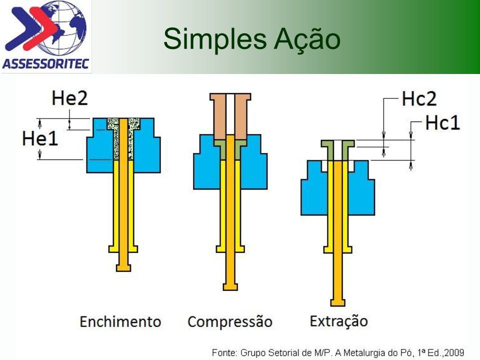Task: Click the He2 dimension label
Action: point(70,98)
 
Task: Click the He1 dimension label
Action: point(40,138)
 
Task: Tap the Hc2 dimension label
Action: point(419,99)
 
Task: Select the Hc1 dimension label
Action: point(442,123)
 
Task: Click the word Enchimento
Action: point(120,321)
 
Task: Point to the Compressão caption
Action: point(230,321)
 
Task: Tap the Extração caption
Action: point(338,321)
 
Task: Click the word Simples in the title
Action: point(215,39)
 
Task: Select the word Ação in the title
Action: point(307,38)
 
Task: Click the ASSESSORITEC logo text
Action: point(45,64)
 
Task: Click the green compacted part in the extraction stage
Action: point(337,150)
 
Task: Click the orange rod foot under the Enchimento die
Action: point(123,267)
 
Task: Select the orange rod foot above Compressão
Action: point(230,287)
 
